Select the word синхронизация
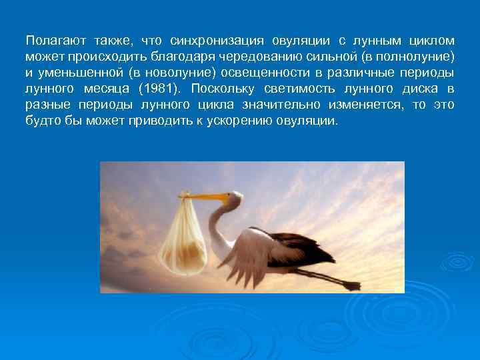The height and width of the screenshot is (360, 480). click(x=217, y=41)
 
